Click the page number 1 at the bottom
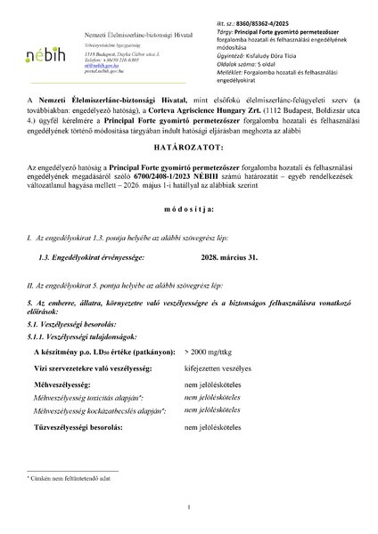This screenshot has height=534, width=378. click(x=190, y=507)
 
